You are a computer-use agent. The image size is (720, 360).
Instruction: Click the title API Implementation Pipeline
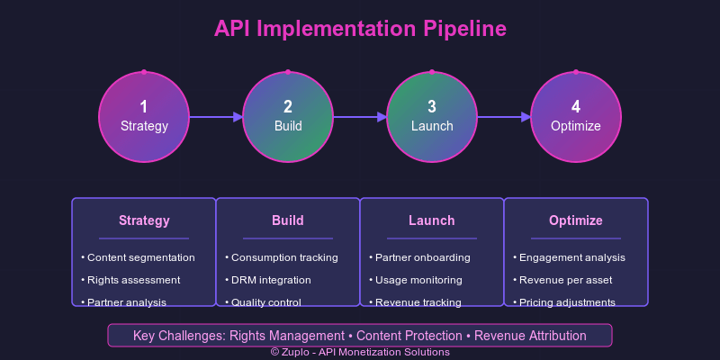pos(360,29)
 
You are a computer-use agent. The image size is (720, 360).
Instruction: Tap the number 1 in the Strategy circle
pos(144,106)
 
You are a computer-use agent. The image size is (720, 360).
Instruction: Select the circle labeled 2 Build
pos(288,117)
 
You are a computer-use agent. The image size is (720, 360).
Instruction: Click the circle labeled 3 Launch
pos(432,117)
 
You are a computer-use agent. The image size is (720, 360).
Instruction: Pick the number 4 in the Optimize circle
pos(576,106)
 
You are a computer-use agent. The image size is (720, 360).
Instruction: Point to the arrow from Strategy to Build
pos(216,117)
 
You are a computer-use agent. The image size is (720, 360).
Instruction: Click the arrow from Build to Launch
pos(360,117)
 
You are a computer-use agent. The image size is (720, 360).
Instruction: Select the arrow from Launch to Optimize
pos(504,117)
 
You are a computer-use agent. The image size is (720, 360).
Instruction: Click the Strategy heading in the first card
pos(144,220)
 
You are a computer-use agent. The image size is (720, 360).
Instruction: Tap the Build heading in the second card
pos(288,220)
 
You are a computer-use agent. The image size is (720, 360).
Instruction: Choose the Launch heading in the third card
pos(432,220)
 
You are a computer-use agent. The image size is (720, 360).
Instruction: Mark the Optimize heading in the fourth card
pos(576,220)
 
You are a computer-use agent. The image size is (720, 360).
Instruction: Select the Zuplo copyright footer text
pos(360,353)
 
